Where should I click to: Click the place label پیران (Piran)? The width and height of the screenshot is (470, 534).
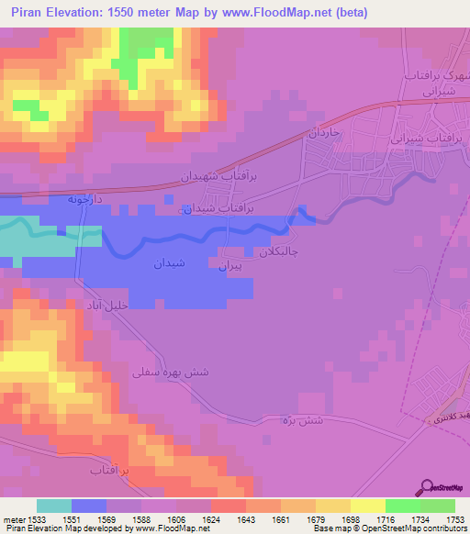[x=229, y=266]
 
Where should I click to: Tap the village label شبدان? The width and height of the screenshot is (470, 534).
[x=169, y=262]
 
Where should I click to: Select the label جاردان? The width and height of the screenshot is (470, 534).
[x=323, y=134]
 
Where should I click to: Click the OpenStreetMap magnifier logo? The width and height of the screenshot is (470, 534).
[x=425, y=487]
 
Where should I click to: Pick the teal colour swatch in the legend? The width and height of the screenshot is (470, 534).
[x=54, y=506]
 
